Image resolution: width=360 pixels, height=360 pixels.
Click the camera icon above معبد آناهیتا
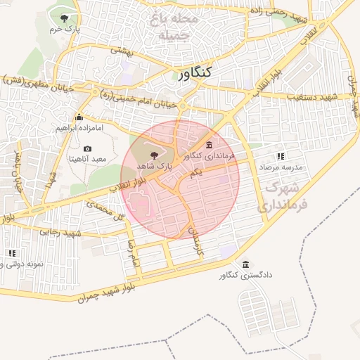pyautogui.click(x=88, y=148)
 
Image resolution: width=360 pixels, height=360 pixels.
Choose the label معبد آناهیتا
pyautogui.click(x=87, y=160)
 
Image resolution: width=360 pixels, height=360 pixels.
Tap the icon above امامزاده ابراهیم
pyautogui.click(x=79, y=118)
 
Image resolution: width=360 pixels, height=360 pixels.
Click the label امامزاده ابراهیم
pyautogui.click(x=79, y=129)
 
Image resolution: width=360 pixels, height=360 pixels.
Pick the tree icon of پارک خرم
pyautogui.click(x=65, y=18)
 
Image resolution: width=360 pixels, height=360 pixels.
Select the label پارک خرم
pyautogui.click(x=65, y=30)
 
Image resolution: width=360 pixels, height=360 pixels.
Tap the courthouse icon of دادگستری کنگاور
pyautogui.click(x=245, y=265)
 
